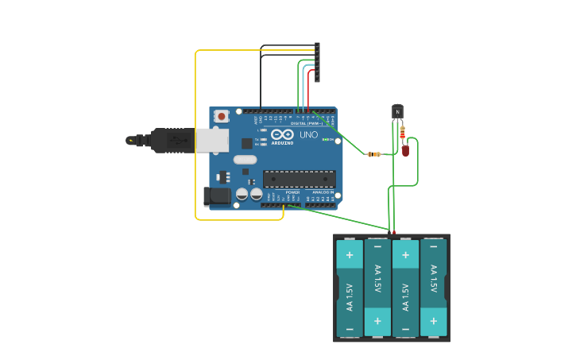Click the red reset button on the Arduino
pyautogui.click(x=222, y=116)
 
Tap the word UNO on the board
pyautogui.click(x=308, y=135)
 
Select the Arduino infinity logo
pyautogui.click(x=283, y=134)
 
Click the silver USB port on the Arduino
pyautogui.click(x=212, y=141)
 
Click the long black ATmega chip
pyautogui.click(x=299, y=179)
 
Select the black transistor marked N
pyautogui.click(x=397, y=111)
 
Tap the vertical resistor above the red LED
pyautogui.click(x=403, y=132)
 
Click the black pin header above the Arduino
pyautogui.click(x=317, y=62)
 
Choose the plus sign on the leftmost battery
pyautogui.click(x=349, y=255)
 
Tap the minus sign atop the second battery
pyautogui.click(x=377, y=247)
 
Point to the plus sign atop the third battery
pyautogui.click(x=405, y=255)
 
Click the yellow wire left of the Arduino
pyautogui.click(x=195, y=135)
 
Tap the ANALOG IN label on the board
pyautogui.click(x=322, y=192)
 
